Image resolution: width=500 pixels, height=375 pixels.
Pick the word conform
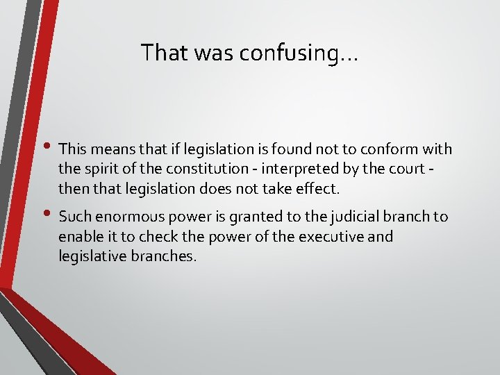coord(392,149)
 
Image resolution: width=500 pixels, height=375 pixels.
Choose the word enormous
coord(125,217)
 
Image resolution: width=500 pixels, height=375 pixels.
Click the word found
coord(300,149)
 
